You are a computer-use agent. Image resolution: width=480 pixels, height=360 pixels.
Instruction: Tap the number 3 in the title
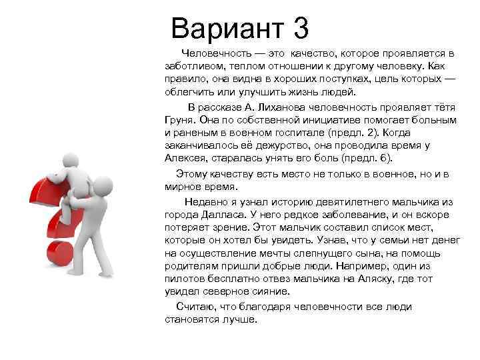pos(300,29)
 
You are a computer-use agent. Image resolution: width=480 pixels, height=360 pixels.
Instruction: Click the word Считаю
pos(195,307)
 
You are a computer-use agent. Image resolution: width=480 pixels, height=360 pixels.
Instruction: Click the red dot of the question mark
pos(57,254)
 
